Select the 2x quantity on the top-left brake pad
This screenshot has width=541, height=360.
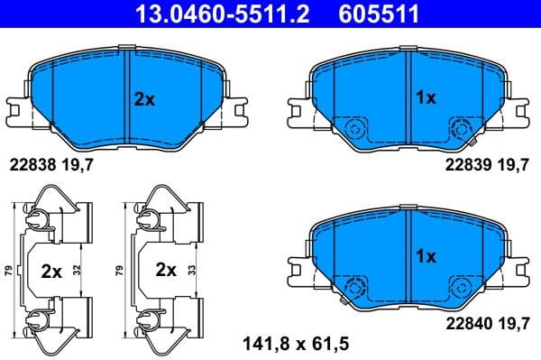[x=144, y=100]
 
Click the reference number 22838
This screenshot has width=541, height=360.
[x=31, y=164]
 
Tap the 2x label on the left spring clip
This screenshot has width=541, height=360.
[x=52, y=269]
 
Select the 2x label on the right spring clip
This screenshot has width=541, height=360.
[x=164, y=269]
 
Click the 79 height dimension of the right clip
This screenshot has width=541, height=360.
[x=121, y=270]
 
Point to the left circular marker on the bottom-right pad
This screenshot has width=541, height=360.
[x=353, y=287]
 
